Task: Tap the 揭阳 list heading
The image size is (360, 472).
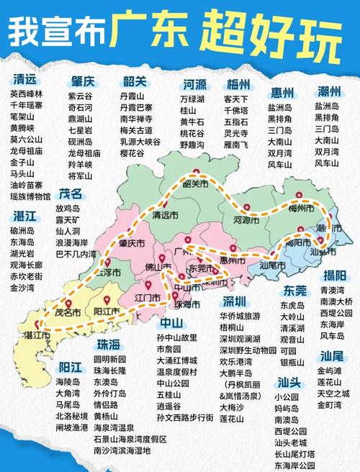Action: pyautogui.click(x=336, y=276)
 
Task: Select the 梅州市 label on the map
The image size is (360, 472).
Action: pyautogui.click(x=300, y=209)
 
